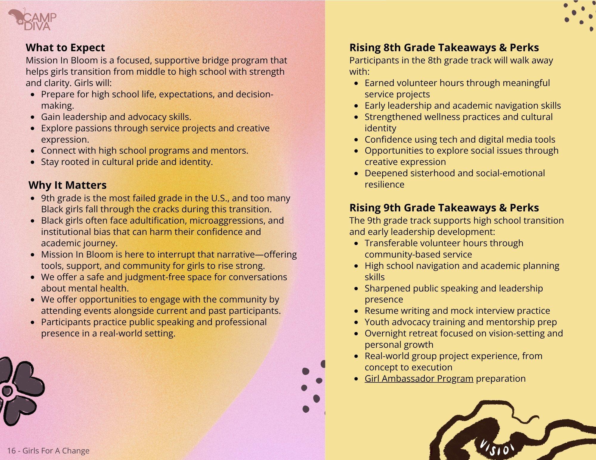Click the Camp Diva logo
tap(32, 20)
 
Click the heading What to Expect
tap(65, 48)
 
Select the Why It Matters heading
tap(67, 185)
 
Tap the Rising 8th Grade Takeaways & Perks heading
tap(444, 48)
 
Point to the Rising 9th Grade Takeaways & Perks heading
tap(444, 208)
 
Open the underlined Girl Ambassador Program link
tap(419, 378)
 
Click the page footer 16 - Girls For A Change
tap(48, 451)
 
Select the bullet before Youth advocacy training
tap(357, 322)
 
